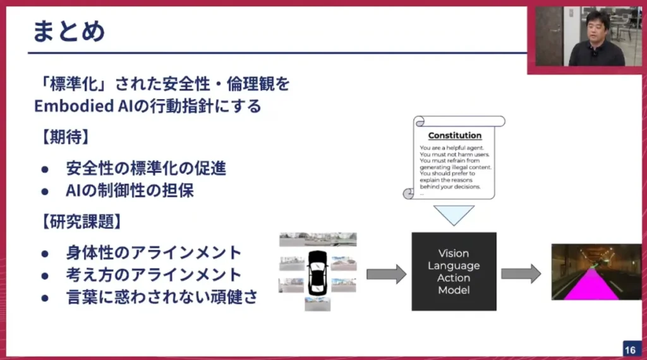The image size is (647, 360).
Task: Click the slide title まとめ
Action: coord(70,31)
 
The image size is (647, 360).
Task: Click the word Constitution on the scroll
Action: coord(454,135)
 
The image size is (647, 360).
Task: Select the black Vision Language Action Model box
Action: coord(454,272)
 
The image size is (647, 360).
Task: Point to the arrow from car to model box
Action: coord(386,273)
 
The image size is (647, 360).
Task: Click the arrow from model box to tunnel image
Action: coord(521,273)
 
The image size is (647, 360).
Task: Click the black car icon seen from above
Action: coord(317,272)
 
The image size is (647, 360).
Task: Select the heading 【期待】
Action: coord(61,136)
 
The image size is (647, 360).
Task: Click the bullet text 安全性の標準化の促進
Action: coord(146,169)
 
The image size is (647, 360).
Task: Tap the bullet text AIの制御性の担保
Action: coord(130,191)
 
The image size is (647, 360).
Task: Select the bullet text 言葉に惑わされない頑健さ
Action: coord(162,297)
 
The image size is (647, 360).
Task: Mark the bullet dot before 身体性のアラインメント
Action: coord(45,253)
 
